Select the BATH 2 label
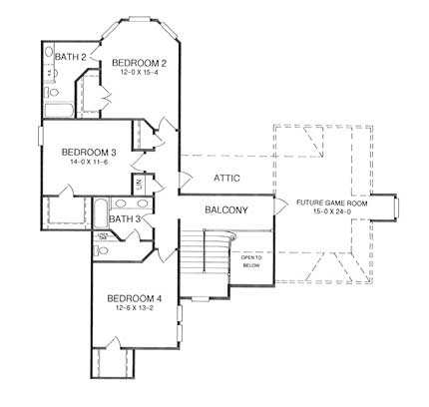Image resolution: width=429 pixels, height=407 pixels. (69, 56)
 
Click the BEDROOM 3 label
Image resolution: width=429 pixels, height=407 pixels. (89, 153)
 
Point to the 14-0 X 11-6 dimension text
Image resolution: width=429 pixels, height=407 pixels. (89, 164)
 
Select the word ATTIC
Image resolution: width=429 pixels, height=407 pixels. (227, 178)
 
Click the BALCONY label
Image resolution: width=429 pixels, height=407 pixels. (226, 210)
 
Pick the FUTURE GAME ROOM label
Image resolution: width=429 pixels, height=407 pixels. (333, 203)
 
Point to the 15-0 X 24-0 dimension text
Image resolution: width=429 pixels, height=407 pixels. (333, 212)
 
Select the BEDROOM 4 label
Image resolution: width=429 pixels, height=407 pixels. (136, 299)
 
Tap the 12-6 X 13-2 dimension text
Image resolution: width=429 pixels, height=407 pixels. (136, 310)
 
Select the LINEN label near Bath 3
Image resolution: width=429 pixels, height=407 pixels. (102, 235)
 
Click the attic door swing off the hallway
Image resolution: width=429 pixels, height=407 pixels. (184, 181)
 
